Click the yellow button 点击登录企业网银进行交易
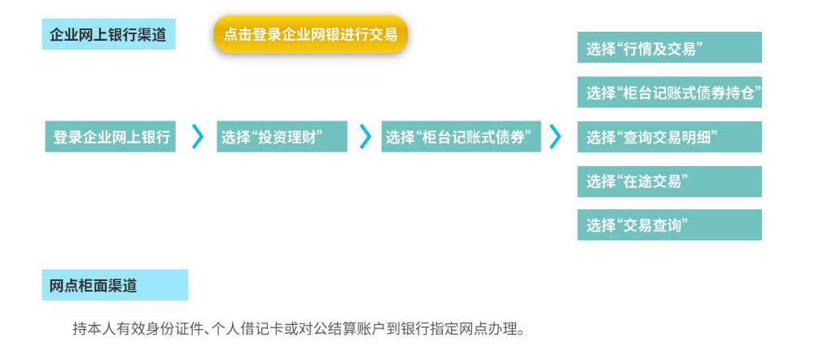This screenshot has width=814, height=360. click(310, 34)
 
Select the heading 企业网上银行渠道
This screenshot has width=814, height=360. click(108, 34)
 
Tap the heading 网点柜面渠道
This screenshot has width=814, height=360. click(115, 285)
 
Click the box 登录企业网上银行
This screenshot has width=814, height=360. click(110, 137)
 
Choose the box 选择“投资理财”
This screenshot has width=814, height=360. click(282, 137)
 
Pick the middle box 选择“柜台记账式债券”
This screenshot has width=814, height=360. click(461, 137)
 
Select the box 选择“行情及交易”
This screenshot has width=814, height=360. click(669, 47)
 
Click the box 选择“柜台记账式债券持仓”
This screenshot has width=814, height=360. click(669, 93)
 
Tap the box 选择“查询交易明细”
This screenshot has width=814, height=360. click(669, 137)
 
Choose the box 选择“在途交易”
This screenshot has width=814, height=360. click(669, 182)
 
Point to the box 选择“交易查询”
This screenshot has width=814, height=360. click(669, 225)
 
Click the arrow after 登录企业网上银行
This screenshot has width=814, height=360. click(197, 137)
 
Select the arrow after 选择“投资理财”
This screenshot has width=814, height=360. click(365, 137)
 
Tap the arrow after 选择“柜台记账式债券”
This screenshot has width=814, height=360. click(555, 137)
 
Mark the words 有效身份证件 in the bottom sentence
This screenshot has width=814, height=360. click(157, 329)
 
